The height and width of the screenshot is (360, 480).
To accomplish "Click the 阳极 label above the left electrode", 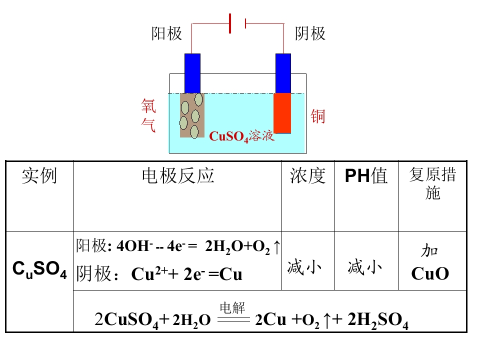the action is tap(167, 33).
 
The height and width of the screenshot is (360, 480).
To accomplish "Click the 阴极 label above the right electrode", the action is tap(310, 33).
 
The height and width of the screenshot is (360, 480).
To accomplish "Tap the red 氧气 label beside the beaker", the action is tap(148, 115).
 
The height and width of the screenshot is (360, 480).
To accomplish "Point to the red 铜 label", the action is tap(318, 116).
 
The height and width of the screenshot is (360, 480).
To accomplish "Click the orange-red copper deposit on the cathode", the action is tap(282, 113).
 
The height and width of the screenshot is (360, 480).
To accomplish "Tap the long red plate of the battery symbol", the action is tap(230, 23).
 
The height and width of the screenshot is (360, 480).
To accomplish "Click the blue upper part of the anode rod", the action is tap(192, 73).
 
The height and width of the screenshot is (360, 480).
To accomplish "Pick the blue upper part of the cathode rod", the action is tap(283, 73).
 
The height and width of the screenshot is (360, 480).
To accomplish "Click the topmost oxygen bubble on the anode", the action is tap(198, 99).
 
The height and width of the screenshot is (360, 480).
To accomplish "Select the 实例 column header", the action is tap(39, 175).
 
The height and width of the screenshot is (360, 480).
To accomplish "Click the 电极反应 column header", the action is tap(178, 175).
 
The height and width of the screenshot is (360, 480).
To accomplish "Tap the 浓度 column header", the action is tap(308, 175).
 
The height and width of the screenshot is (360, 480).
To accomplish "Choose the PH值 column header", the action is tap(366, 175).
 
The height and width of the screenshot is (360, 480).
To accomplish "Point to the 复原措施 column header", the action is tap(432, 183).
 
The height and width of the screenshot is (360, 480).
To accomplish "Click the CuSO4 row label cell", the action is tap(39, 269).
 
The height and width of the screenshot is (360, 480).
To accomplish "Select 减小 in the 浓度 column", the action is tap(304, 266).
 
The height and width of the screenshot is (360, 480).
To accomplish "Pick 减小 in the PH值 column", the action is tap(364, 266).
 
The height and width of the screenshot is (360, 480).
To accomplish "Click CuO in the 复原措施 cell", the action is tap(430, 273).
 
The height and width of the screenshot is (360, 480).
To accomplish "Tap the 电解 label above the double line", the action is tap(232, 307).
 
